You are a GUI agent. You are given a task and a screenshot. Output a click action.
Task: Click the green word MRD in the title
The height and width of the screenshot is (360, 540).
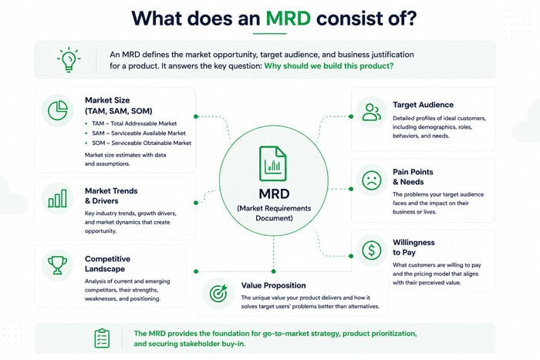tap(289, 19)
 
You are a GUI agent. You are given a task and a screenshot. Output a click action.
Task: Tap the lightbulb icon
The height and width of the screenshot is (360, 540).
tap(69, 59)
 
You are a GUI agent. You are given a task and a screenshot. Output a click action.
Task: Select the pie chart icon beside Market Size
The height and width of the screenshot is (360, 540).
tap(58, 110)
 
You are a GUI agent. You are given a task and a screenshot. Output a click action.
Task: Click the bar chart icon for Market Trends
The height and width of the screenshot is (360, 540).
tap(58, 198)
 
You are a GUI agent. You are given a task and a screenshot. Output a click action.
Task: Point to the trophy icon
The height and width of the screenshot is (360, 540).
tap(58, 265)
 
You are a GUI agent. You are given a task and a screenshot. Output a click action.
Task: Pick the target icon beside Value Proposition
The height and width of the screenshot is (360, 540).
tap(218, 293)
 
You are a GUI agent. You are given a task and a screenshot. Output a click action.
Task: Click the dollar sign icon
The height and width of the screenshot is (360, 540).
tap(372, 251)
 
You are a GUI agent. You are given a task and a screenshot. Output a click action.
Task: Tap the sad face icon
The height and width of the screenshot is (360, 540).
tap(372, 180)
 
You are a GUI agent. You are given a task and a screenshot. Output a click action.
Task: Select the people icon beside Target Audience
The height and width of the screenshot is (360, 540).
tap(372, 113)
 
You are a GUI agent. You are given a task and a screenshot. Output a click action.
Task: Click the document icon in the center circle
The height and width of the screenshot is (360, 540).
tap(273, 164)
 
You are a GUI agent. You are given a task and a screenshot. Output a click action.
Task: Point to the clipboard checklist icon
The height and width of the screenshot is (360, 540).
tap(102, 338)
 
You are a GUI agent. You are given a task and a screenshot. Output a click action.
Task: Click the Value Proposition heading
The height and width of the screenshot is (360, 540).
tap(273, 285)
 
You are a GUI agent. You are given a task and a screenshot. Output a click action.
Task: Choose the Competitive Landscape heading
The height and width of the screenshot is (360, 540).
tap(107, 264)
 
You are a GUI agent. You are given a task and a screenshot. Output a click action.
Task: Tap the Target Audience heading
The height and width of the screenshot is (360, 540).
tap(423, 105)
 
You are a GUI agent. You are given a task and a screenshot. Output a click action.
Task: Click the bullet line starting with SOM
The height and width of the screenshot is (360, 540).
tap(138, 143)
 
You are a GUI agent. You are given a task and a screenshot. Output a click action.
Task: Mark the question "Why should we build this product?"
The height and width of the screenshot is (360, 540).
tap(329, 66)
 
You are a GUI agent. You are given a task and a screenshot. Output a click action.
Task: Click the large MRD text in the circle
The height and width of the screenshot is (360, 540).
tap(274, 193)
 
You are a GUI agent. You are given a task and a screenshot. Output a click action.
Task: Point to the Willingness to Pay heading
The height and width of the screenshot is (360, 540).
tap(413, 247)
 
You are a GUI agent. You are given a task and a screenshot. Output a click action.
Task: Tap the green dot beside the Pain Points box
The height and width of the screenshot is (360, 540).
tap(351, 189)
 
